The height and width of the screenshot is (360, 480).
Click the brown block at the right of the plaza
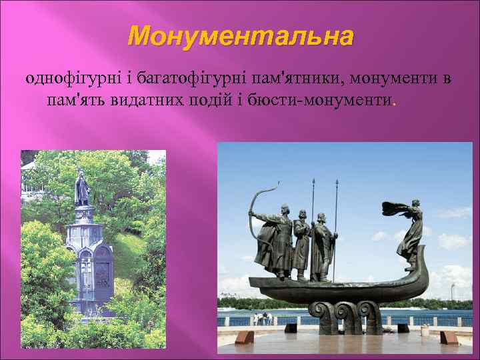[448, 337]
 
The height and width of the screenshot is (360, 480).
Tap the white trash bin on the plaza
[425, 331]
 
